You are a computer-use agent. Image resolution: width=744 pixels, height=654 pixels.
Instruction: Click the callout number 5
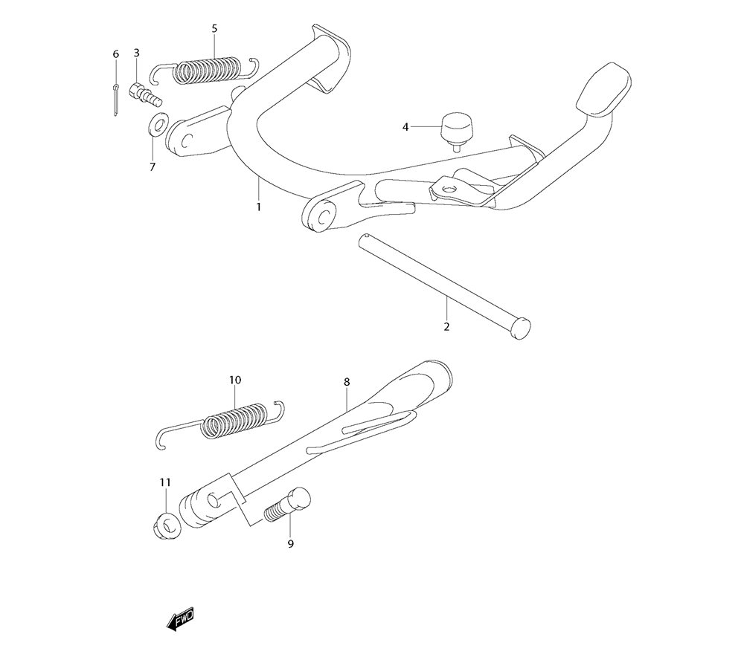[214, 29]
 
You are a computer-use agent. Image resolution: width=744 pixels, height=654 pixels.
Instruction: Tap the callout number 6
[116, 54]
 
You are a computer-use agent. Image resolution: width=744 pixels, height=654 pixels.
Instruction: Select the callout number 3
[137, 53]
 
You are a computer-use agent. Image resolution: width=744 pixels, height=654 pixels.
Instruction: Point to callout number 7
[153, 166]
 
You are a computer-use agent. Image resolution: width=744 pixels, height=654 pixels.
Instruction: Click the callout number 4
[405, 127]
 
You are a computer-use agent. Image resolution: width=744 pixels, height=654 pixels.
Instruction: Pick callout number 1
[259, 207]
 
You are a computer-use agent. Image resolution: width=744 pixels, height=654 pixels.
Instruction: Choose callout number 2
[446, 326]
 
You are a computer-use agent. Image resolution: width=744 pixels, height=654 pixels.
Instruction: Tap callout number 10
[235, 380]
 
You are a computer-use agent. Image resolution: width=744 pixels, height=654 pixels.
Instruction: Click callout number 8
[347, 381]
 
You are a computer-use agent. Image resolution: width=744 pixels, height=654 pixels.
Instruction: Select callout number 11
[165, 482]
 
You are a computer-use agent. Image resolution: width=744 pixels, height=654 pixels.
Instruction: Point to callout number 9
[291, 543]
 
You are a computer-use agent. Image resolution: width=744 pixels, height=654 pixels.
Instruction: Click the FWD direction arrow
[180, 618]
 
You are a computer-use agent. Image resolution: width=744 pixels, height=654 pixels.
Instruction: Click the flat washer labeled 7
[158, 125]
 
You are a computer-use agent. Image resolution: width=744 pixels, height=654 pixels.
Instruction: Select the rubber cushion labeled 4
[458, 131]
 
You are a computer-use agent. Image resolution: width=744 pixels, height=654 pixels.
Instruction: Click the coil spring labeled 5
[205, 71]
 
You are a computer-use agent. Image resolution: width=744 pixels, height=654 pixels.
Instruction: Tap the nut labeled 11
[167, 526]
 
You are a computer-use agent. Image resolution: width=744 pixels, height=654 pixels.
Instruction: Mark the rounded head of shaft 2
[520, 328]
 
